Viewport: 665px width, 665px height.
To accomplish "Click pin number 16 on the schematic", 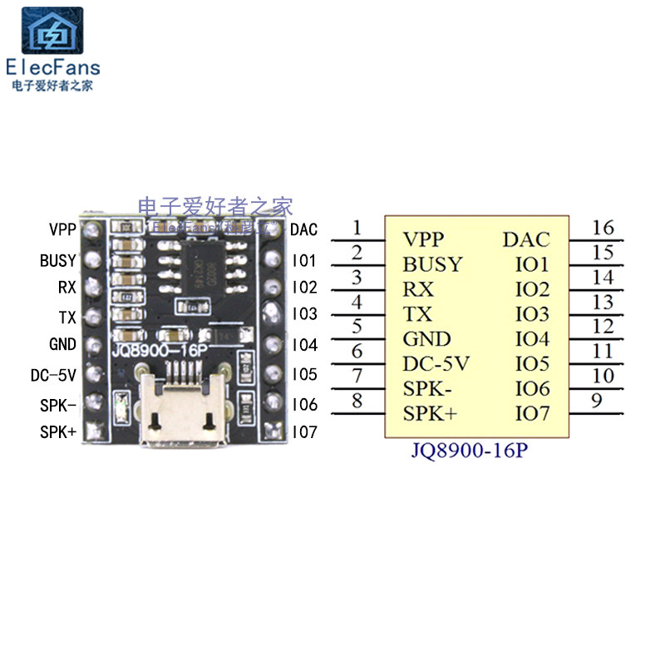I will click(x=603, y=228).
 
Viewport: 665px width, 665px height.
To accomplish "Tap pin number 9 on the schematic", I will click(x=596, y=401).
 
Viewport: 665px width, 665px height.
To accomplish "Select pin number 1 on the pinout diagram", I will click(x=357, y=227).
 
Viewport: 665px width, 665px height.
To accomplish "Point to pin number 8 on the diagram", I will click(x=357, y=401).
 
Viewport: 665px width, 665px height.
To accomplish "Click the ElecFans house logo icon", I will click(x=56, y=31).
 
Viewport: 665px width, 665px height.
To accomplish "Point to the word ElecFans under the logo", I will click(x=52, y=67).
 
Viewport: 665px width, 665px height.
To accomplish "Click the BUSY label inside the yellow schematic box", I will click(x=432, y=265).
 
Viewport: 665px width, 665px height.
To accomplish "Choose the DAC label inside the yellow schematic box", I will click(x=526, y=240).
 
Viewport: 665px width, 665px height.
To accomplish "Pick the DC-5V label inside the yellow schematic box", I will click(x=436, y=364).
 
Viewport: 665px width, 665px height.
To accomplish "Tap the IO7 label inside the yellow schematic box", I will click(x=532, y=413).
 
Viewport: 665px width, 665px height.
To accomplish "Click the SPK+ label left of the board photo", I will click(x=58, y=432).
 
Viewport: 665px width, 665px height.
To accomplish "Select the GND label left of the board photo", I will click(x=63, y=344).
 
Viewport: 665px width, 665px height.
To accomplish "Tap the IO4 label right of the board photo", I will click(x=305, y=345).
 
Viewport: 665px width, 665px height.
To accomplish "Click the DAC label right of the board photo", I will click(x=304, y=229).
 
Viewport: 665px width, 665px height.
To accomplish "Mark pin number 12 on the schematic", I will click(x=603, y=327).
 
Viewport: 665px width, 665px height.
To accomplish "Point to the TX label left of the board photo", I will click(x=67, y=317).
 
